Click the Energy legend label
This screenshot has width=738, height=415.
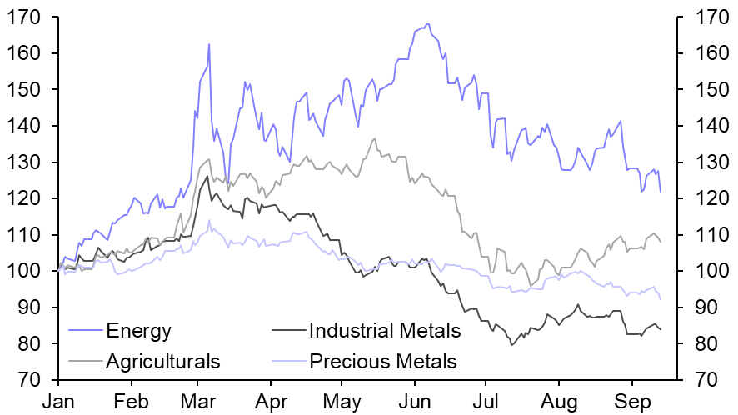click(138, 331)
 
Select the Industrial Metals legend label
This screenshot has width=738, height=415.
click(384, 331)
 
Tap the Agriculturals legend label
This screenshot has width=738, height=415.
click(163, 362)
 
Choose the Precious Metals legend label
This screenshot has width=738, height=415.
click(382, 362)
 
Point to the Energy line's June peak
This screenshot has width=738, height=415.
click(427, 24)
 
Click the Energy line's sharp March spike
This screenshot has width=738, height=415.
click(208, 44)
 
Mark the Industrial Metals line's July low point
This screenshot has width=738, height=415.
click(511, 344)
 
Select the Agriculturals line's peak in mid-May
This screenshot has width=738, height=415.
click(375, 138)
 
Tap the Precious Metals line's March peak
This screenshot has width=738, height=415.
click(209, 221)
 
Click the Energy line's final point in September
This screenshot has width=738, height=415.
click(661, 192)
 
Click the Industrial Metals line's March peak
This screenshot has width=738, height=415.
click(207, 175)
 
